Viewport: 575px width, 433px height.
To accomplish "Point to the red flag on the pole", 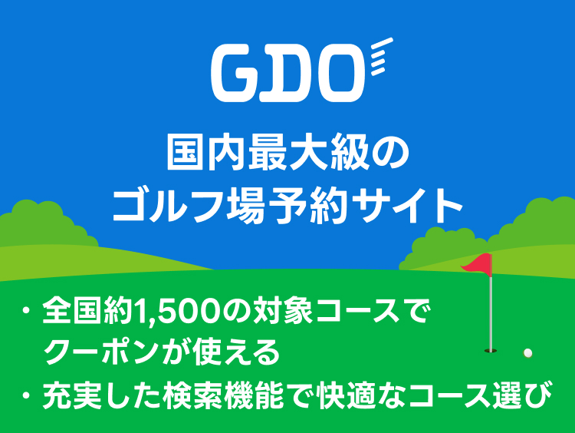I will coord(477,266).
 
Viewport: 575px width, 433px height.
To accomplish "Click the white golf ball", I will coord(527,353).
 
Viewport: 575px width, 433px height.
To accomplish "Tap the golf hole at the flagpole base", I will coord(491,352).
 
